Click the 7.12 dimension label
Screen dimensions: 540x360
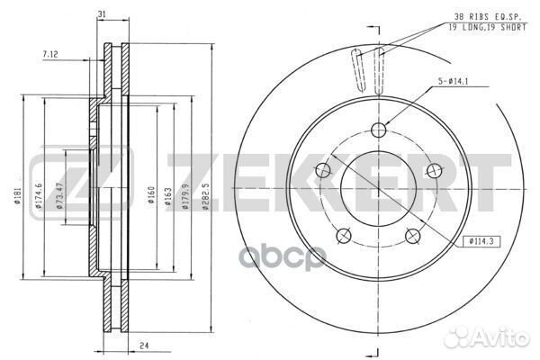tap(49, 54)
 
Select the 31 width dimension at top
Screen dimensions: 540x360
tap(102, 14)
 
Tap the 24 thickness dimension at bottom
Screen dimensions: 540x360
tap(144, 346)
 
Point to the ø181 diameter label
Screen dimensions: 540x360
tap(18, 195)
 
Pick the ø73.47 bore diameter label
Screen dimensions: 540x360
tap(59, 195)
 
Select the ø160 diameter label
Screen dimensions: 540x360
tap(151, 195)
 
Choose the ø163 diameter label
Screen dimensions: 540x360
tap(168, 196)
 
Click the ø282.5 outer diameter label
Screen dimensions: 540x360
tap(205, 196)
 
